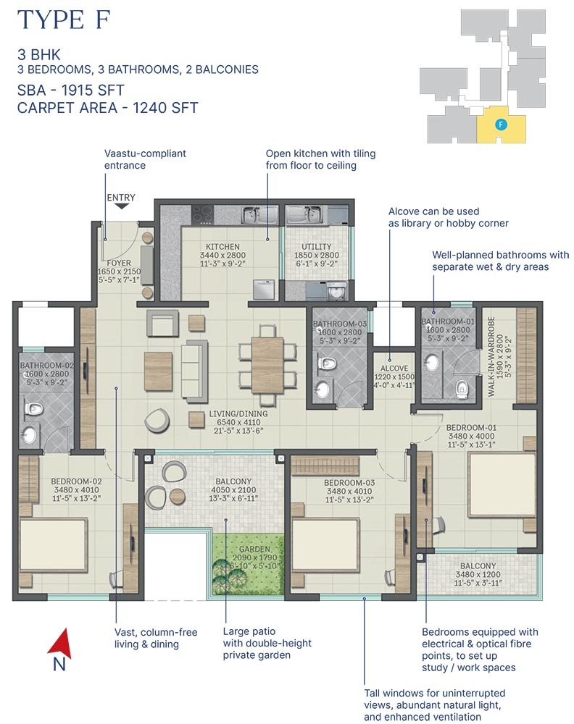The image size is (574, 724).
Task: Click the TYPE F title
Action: pyautogui.click(x=64, y=20)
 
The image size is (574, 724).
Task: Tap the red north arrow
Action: pyautogui.click(x=59, y=643)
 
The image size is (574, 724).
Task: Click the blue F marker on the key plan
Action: pyautogui.click(x=501, y=125)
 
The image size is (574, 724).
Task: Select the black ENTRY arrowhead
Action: pyautogui.click(x=121, y=206)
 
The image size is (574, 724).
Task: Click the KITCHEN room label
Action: pyautogui.click(x=222, y=247)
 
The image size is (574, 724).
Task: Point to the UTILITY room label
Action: pyautogui.click(x=317, y=247)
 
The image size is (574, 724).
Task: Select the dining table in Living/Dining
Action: pyautogui.click(x=267, y=365)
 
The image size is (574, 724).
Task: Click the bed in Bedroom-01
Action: pyautogui.click(x=502, y=485)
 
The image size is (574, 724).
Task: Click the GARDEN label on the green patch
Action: pyautogui.click(x=254, y=550)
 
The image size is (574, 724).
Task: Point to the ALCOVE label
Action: pyautogui.click(x=394, y=369)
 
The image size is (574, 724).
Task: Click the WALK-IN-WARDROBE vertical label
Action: pyautogui.click(x=491, y=356)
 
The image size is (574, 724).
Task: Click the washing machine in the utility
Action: pyautogui.click(x=336, y=291)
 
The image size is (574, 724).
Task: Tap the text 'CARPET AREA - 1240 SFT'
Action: pyautogui.click(x=108, y=108)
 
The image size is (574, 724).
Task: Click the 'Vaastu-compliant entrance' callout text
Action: pyautogui.click(x=145, y=159)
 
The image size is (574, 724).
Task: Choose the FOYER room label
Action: pyautogui.click(x=119, y=264)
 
